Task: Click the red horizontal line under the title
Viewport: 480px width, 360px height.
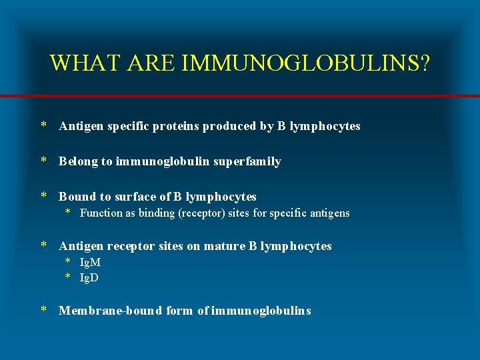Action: pos(240,97)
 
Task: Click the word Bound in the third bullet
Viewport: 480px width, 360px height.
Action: pos(77,197)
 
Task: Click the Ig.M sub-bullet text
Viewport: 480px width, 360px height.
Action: pos(90,263)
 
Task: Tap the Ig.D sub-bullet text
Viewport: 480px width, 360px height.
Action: pos(89,277)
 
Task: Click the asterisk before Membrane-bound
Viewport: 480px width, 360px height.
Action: pos(43,309)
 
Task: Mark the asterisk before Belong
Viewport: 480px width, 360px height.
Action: pos(43,160)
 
